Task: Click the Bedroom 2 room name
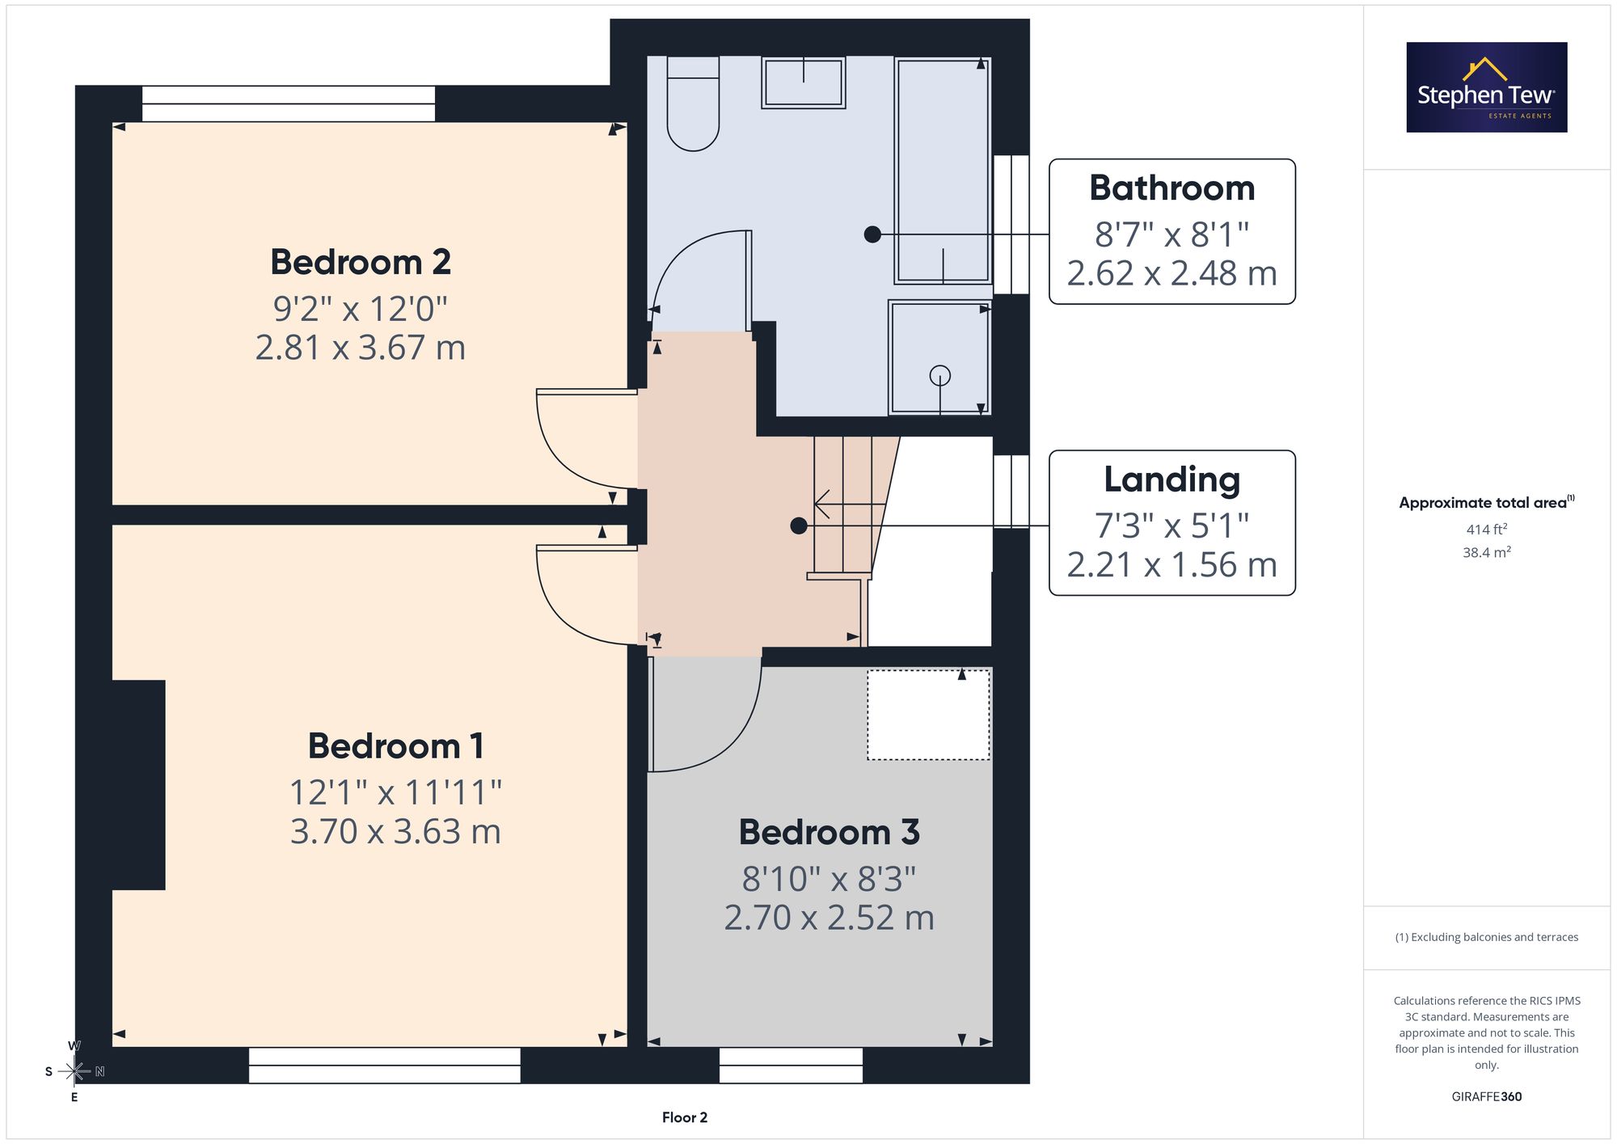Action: (x=361, y=262)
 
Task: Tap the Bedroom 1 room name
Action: (x=395, y=745)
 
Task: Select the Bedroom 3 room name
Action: (x=830, y=832)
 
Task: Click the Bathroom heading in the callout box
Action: (x=1172, y=188)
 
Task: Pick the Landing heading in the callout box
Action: (x=1172, y=480)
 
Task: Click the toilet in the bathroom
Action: (x=693, y=103)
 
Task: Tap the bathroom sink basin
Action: (x=804, y=82)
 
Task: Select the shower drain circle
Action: (x=939, y=375)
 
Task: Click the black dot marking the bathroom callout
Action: (x=872, y=234)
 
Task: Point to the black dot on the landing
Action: (x=799, y=526)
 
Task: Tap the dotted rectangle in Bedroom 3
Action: (x=928, y=715)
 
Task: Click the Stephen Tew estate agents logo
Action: (x=1487, y=87)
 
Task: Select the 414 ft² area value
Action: (x=1487, y=530)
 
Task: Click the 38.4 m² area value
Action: (x=1487, y=552)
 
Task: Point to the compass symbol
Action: (x=74, y=1071)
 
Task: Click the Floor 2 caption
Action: (x=685, y=1117)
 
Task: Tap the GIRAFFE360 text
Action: (x=1487, y=1096)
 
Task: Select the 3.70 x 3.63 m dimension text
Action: (x=395, y=831)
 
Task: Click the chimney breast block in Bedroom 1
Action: (x=138, y=785)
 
